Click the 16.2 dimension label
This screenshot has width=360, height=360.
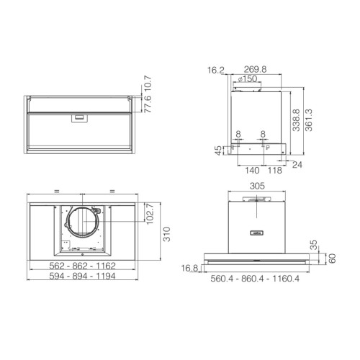(216, 71)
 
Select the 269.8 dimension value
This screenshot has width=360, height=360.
(255, 69)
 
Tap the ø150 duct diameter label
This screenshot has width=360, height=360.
(248, 78)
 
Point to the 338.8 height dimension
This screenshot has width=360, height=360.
(297, 120)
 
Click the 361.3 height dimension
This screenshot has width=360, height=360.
(309, 120)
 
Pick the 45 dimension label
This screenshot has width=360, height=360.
(219, 150)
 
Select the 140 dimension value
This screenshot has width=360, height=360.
(252, 171)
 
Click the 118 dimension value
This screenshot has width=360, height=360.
(274, 171)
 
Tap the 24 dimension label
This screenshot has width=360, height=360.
(297, 165)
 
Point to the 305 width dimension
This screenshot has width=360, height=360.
(257, 186)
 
